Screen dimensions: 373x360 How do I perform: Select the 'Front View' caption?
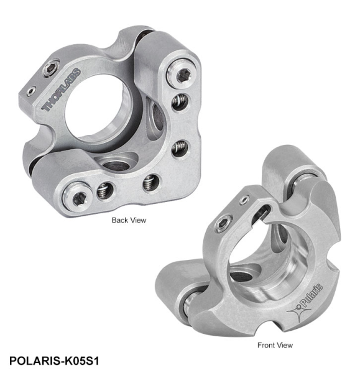click(x=274, y=344)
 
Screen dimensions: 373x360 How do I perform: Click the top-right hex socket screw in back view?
click(x=182, y=76)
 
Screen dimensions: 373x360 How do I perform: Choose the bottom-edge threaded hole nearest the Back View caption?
click(x=150, y=182)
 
